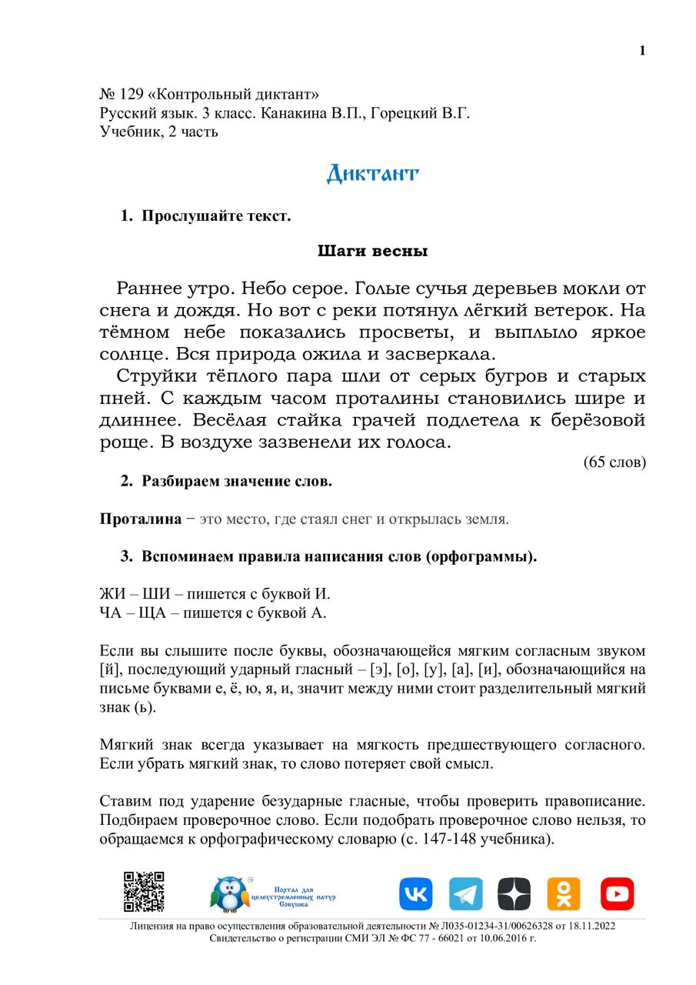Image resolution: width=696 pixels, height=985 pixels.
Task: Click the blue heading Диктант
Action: tap(372, 173)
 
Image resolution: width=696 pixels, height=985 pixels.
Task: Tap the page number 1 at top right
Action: tap(642, 51)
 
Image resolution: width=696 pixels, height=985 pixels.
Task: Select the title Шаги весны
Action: tap(372, 251)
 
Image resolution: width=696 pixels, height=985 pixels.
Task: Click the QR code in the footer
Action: tap(145, 892)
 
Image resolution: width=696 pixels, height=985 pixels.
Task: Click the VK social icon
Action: tap(415, 894)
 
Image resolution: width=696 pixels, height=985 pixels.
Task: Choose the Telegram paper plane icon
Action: tap(465, 894)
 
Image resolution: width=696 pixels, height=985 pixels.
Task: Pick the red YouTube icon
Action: tap(617, 894)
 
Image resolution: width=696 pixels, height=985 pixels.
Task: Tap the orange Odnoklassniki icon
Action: tap(564, 894)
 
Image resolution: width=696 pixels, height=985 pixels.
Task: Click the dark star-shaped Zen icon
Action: tap(515, 894)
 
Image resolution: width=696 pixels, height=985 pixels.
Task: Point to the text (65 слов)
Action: tap(614, 462)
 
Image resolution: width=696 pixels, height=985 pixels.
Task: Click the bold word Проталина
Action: tap(140, 519)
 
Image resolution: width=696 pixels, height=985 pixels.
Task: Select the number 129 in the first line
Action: tap(132, 95)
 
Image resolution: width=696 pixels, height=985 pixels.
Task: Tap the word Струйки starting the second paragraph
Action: tap(155, 377)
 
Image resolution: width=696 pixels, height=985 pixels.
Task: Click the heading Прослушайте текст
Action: tap(216, 216)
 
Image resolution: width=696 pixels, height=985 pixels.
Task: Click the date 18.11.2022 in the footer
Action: tap(584, 926)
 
